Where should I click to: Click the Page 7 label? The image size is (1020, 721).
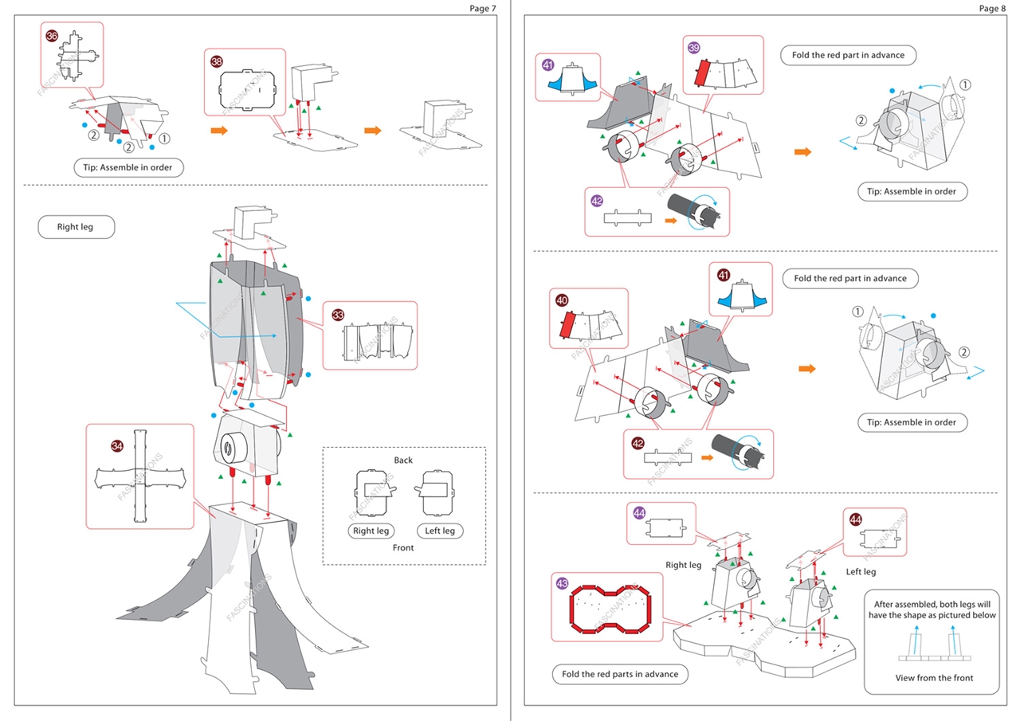point(482,9)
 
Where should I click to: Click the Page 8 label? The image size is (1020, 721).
point(992,9)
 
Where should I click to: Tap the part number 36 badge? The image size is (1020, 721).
point(52,36)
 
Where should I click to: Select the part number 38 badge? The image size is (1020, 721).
point(217,61)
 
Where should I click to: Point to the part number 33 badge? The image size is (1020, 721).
point(338,315)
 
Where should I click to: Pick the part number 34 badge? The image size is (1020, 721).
point(117,446)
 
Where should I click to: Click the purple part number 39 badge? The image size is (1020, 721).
point(694,49)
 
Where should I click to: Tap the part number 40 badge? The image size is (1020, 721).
point(562,301)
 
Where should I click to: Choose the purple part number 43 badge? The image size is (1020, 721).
point(563,584)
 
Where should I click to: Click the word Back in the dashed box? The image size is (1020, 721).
point(403,460)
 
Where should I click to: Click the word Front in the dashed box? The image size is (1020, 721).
point(403,548)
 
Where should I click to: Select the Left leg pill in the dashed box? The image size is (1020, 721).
point(439,531)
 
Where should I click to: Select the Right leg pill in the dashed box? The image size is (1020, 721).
point(371,531)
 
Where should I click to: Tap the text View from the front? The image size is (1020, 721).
point(934,678)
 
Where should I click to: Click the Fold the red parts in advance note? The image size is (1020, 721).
point(619,674)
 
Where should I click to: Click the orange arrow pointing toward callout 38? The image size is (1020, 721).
point(219,130)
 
